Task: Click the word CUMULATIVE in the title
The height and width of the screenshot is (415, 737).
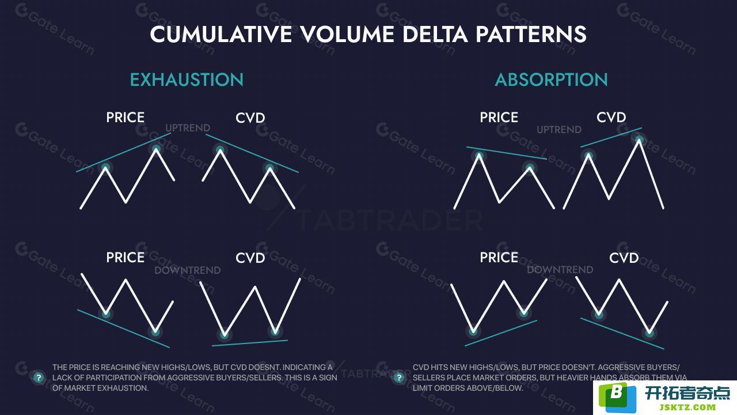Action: pyautogui.click(x=221, y=34)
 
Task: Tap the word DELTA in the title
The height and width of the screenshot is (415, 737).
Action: pyautogui.click(x=435, y=34)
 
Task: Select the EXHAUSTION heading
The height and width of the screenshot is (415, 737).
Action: pyautogui.click(x=187, y=80)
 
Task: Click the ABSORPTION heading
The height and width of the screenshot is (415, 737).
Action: pyautogui.click(x=551, y=80)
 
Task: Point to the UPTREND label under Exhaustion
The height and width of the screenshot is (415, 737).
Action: pyautogui.click(x=188, y=128)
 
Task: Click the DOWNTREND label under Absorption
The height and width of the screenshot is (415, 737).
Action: pyautogui.click(x=560, y=270)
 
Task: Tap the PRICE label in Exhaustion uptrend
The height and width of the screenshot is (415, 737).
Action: pyautogui.click(x=125, y=117)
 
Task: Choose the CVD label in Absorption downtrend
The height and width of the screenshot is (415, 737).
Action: pyautogui.click(x=624, y=258)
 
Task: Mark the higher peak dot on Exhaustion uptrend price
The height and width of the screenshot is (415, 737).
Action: pyautogui.click(x=156, y=149)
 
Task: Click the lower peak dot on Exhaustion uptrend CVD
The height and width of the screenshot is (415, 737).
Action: pyautogui.click(x=270, y=168)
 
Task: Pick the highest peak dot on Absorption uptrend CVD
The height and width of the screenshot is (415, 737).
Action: pyautogui.click(x=639, y=139)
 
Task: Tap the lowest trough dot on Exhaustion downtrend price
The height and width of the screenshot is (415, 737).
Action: pyautogui.click(x=155, y=331)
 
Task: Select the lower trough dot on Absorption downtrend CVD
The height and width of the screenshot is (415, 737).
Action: pyautogui.click(x=649, y=333)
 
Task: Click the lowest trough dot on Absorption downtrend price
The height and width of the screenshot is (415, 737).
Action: pyautogui.click(x=473, y=331)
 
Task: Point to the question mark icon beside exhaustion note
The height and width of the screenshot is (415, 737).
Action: pyautogui.click(x=39, y=378)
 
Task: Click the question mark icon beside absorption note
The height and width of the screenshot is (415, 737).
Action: pyautogui.click(x=399, y=378)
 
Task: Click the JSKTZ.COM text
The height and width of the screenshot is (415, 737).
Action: pyautogui.click(x=687, y=407)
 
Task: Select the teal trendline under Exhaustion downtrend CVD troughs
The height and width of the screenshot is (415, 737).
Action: pyautogui.click(x=250, y=343)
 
